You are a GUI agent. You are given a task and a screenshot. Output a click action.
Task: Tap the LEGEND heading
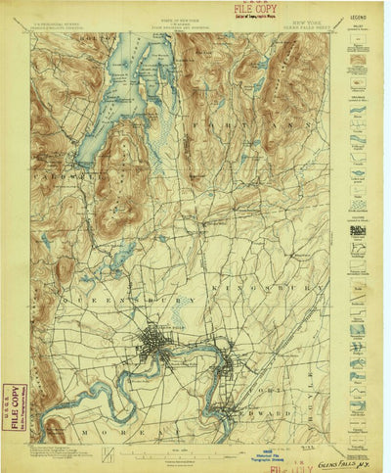click(x=360, y=18)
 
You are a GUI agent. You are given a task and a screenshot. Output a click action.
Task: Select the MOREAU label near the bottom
click(x=132, y=432)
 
